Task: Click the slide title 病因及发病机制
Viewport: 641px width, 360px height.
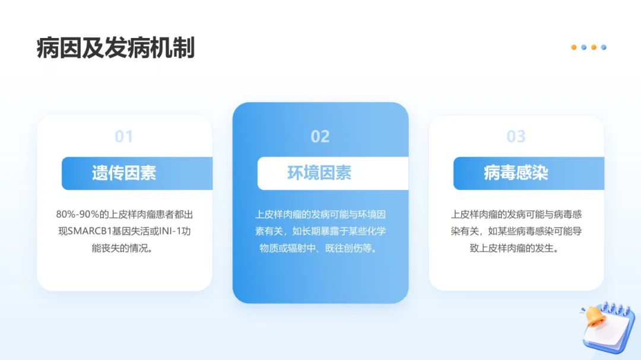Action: click(116, 48)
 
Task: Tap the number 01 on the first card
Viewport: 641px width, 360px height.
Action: click(124, 136)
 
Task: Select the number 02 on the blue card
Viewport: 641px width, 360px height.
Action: click(320, 136)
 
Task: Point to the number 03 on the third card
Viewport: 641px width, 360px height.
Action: click(516, 136)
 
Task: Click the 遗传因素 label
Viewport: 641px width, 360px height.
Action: click(124, 173)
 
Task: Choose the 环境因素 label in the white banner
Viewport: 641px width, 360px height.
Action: click(320, 173)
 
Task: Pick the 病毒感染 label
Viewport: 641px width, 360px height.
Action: click(516, 173)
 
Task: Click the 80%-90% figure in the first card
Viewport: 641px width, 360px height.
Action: click(78, 215)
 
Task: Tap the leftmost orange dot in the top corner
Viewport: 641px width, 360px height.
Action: click(574, 47)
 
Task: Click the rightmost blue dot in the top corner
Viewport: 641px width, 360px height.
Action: click(604, 47)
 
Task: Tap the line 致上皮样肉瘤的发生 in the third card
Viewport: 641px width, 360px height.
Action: click(512, 248)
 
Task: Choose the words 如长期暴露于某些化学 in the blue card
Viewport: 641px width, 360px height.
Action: click(339, 231)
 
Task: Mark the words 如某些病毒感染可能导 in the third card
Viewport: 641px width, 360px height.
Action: click(535, 231)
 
